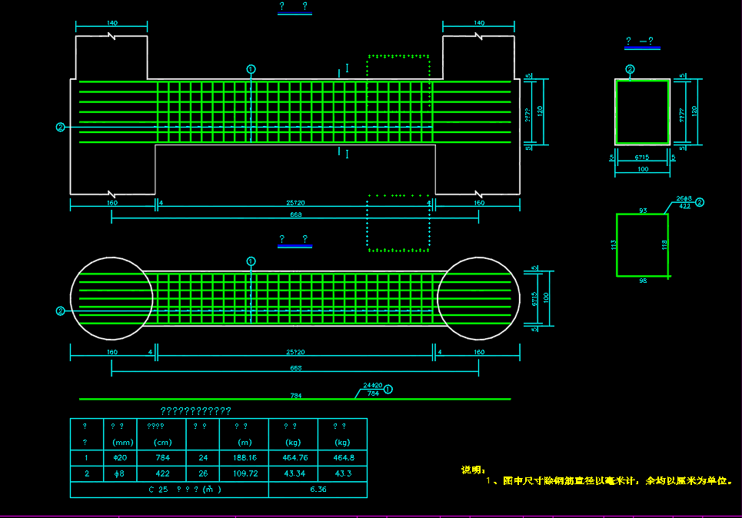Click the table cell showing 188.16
click(244, 458)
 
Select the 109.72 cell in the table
click(244, 474)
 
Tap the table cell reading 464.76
click(293, 458)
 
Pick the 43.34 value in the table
click(293, 474)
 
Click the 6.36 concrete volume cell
click(317, 490)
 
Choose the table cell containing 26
click(202, 474)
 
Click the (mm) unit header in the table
click(123, 443)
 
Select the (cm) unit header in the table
click(162, 443)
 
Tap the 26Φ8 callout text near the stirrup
click(684, 198)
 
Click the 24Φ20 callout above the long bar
click(373, 385)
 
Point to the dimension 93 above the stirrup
click(643, 210)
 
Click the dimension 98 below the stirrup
click(643, 281)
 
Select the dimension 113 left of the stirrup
click(614, 244)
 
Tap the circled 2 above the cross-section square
click(631, 69)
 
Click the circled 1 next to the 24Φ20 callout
click(388, 389)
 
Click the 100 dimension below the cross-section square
click(643, 170)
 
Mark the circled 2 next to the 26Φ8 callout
click(700, 202)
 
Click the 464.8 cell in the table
click(342, 458)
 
